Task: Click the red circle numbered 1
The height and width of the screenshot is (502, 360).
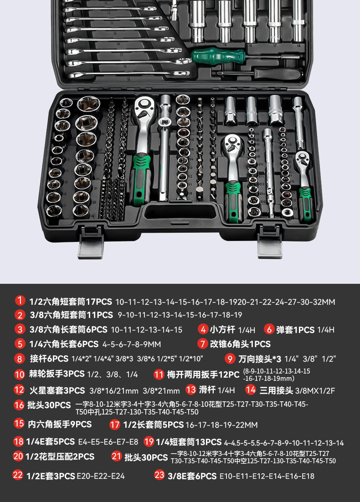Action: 20,301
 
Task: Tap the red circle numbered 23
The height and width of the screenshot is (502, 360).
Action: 159,475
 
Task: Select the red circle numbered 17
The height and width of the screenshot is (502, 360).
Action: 115,425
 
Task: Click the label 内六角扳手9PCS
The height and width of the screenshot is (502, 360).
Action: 60,424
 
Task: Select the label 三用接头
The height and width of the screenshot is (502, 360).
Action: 276,390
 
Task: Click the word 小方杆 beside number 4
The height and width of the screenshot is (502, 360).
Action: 223,329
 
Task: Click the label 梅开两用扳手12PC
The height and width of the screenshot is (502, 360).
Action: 203,374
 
